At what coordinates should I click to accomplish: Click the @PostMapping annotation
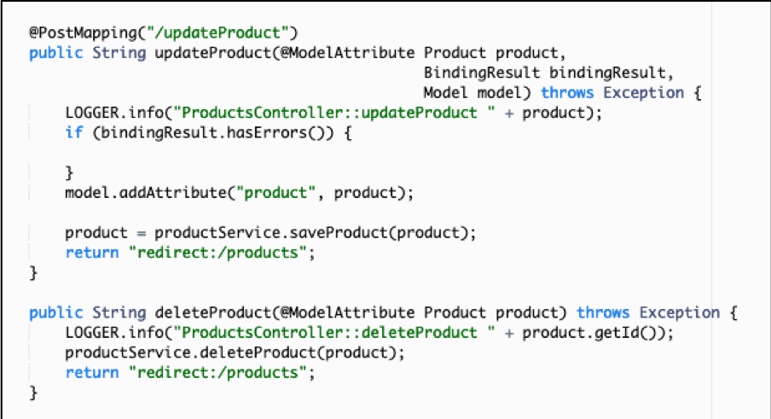83,33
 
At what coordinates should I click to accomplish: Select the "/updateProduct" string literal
217,33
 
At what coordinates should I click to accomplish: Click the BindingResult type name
481,73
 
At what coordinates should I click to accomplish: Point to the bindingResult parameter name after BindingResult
606,73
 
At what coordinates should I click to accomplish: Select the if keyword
73,132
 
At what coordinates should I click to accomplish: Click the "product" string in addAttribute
275,192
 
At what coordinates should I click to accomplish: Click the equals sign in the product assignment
141,233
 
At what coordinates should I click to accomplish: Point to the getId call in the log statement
620,333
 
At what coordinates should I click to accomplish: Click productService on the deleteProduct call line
128,352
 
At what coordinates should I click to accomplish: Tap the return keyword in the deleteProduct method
92,373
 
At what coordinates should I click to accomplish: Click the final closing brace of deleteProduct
33,393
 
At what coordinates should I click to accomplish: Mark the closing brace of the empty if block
69,172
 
